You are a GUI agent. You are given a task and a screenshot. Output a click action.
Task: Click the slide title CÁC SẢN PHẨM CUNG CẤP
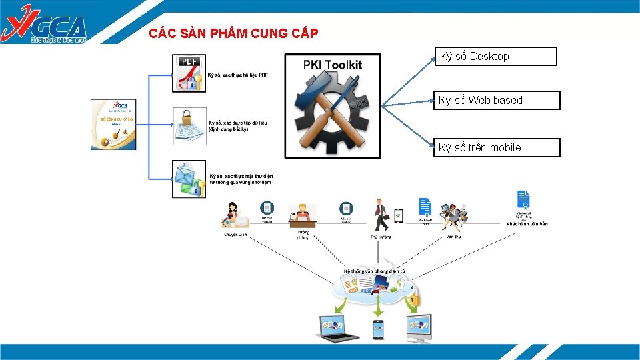coord(233,33)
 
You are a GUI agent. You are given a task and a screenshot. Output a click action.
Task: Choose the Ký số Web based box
coord(497,101)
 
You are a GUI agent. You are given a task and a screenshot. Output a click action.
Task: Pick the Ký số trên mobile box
coord(497,147)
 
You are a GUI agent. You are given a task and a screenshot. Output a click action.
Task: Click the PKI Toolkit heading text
coord(332,65)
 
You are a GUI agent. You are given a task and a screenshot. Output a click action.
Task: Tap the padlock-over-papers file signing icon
coord(189,125)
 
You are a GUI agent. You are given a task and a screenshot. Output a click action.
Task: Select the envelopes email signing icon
coord(189,179)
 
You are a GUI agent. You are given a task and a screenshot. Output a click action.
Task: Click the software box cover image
coord(113,124)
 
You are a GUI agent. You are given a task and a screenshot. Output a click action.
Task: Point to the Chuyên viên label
coord(235,235)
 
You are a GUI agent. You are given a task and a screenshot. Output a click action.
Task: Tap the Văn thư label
coord(454,236)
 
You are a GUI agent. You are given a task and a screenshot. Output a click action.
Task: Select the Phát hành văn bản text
coord(527,224)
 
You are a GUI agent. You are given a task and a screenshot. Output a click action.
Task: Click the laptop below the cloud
coord(334,328)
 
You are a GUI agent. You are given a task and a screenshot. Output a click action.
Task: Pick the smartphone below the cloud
coord(378,329)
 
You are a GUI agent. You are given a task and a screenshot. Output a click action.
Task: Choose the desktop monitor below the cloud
coord(419,327)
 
